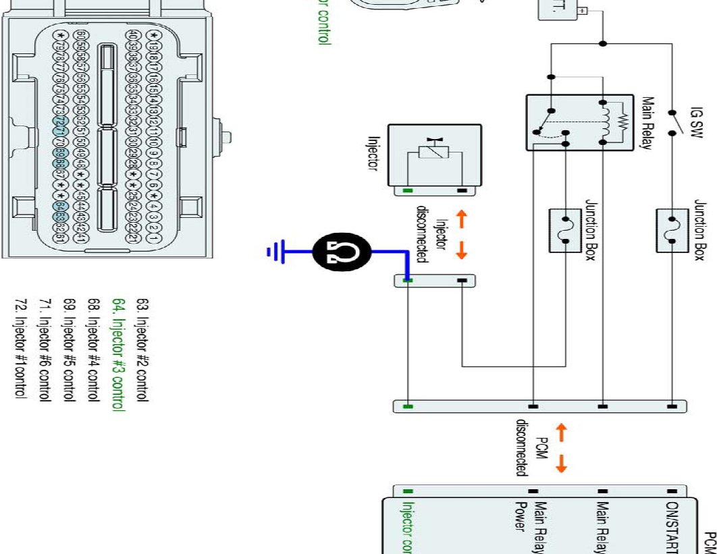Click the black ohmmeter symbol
[x=344, y=252]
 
